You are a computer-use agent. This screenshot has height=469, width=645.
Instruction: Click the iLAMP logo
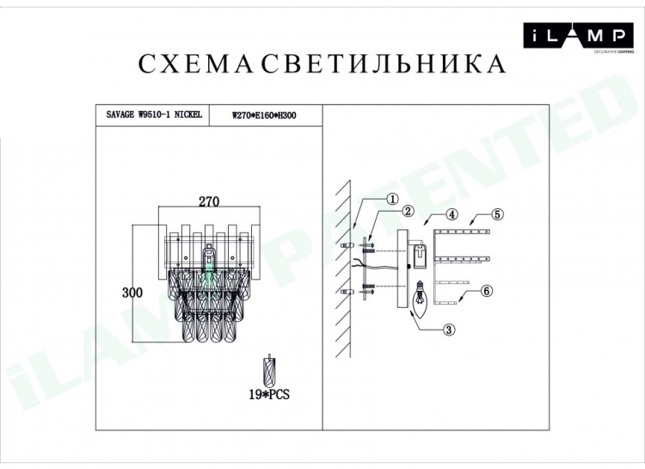578,36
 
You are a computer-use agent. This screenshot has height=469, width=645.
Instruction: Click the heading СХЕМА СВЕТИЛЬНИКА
322,65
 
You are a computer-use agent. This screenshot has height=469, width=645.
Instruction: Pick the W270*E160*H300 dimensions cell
264,115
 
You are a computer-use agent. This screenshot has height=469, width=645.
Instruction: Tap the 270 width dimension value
209,201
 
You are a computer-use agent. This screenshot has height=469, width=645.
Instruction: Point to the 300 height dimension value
132,293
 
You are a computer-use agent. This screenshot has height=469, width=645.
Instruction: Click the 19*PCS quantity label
269,394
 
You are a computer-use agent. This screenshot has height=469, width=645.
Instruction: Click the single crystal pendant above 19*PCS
269,371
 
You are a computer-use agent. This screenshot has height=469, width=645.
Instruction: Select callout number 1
392,200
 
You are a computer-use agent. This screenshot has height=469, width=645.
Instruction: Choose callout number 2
408,211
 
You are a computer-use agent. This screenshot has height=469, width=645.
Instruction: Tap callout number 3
449,330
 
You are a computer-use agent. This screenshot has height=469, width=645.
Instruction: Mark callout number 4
451,214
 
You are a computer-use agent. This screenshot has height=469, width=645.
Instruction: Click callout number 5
497,214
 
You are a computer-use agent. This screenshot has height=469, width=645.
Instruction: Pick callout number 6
486,291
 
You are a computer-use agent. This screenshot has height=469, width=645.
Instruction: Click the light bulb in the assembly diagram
420,299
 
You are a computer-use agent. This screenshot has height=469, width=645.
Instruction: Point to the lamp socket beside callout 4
420,256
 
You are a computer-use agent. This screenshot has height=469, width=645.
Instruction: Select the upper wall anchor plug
347,245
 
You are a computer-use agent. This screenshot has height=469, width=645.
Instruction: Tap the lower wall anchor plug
347,293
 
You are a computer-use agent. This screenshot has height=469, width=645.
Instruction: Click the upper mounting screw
367,246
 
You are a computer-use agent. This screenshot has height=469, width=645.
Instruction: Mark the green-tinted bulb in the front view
210,275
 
